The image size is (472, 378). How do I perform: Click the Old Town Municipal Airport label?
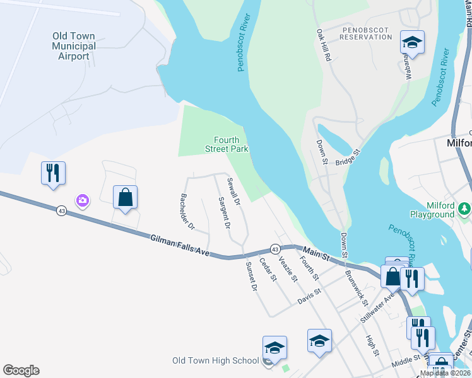[74, 46]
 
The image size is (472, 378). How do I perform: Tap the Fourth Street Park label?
[227, 144]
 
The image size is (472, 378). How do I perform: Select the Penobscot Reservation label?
[365, 33]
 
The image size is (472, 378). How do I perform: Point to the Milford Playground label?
[431, 210]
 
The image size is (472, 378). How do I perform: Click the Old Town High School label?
[216, 361]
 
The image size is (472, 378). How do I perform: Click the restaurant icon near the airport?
[53, 173]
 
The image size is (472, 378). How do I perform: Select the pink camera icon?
[82, 201]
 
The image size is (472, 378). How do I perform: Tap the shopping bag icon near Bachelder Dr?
[126, 197]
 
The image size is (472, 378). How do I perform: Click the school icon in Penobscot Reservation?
[412, 43]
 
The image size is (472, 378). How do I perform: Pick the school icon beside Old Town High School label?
[274, 348]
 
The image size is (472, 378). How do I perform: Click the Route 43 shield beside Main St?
[275, 249]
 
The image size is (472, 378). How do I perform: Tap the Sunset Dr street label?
[251, 275]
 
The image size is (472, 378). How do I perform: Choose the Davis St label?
[310, 295]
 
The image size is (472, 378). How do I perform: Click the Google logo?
[21, 370]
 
